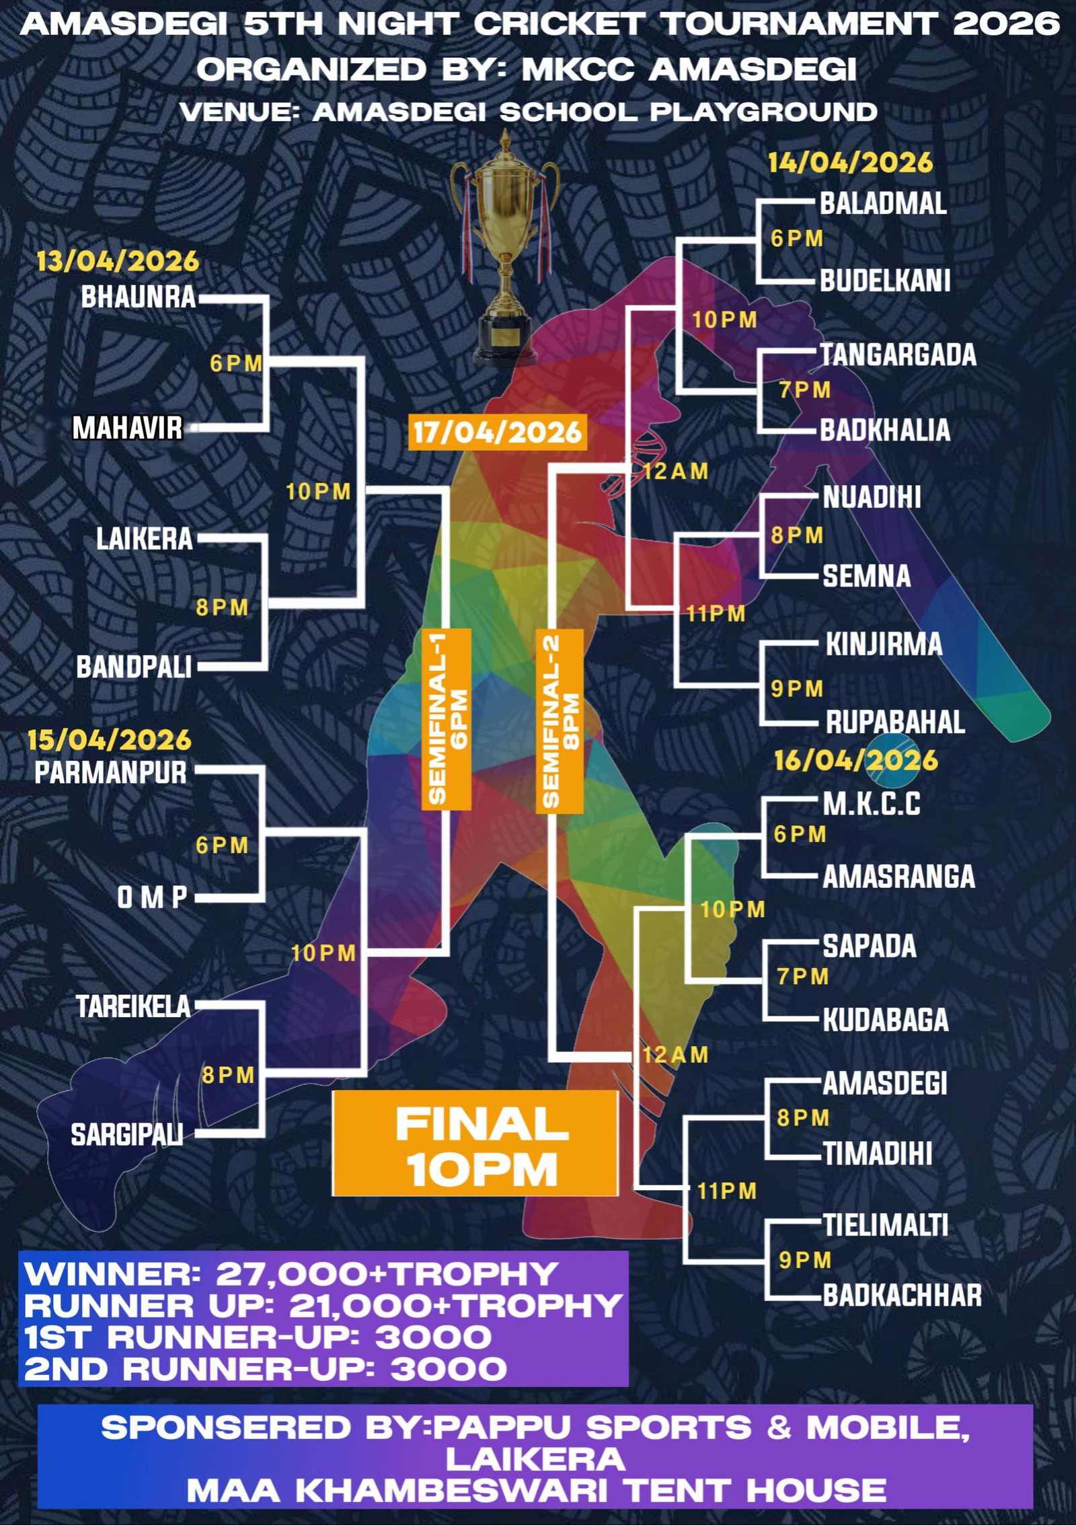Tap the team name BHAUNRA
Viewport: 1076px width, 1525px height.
pyautogui.click(x=138, y=297)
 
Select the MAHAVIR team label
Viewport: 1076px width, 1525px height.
pyautogui.click(x=127, y=428)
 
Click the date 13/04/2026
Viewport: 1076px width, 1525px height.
pyautogui.click(x=118, y=261)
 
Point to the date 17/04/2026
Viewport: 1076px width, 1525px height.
pyautogui.click(x=496, y=432)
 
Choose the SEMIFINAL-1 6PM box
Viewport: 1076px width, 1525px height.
pyautogui.click(x=447, y=718)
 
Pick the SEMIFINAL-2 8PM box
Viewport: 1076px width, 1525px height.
pyautogui.click(x=560, y=721)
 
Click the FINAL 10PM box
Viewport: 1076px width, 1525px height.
pyautogui.click(x=475, y=1147)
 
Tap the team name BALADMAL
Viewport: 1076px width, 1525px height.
pyautogui.click(x=883, y=203)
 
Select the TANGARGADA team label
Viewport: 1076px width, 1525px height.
pyautogui.click(x=898, y=355)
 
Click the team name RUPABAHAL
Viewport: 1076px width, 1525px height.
pyautogui.click(x=895, y=722)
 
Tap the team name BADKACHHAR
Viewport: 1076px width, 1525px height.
pyautogui.click(x=902, y=1296)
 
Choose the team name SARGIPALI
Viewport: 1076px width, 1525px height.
pyautogui.click(x=127, y=1135)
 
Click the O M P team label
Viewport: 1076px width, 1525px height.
pyautogui.click(x=152, y=897)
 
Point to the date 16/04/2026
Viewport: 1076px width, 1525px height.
pyautogui.click(x=855, y=760)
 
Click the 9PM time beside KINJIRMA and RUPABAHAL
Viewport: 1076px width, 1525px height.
pyautogui.click(x=797, y=689)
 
